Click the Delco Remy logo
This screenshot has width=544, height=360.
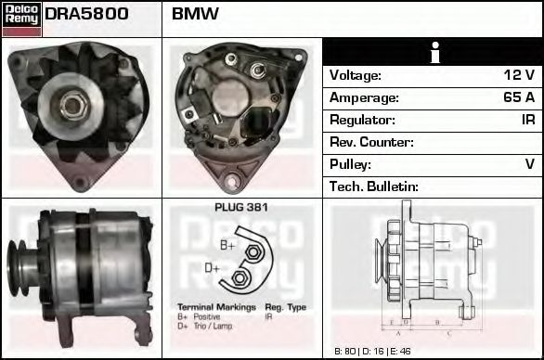click(21, 18)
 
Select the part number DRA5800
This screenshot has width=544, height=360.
click(86, 14)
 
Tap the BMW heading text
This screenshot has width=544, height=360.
click(196, 14)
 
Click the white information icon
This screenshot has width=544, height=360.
click(433, 53)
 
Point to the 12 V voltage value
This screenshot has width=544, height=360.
click(517, 76)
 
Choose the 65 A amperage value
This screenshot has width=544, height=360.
click(517, 97)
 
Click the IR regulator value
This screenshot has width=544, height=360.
click(528, 120)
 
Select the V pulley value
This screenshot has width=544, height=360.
click(530, 164)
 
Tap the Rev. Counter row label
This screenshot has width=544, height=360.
click(372, 142)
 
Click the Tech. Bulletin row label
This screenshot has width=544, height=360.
click(375, 186)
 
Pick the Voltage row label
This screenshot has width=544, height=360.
click(356, 76)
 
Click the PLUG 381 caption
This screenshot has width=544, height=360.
click(241, 208)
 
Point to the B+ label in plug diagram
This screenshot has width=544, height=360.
click(227, 245)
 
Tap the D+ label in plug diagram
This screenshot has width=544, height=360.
click(213, 268)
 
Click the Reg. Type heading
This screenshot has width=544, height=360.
click(285, 307)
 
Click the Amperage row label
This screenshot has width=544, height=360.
click(364, 97)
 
